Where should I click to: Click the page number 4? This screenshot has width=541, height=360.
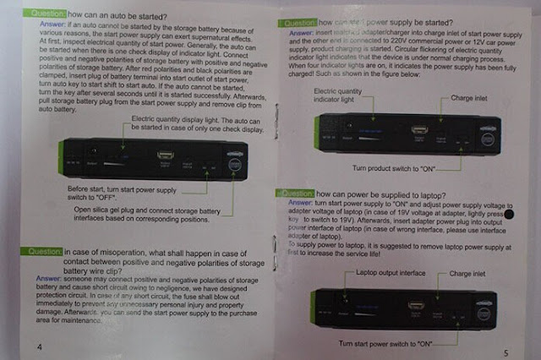(x=38, y=346)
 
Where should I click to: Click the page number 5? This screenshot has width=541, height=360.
(x=505, y=352)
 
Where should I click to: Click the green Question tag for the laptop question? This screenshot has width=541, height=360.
(x=297, y=194)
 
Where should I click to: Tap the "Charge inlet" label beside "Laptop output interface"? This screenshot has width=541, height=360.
(x=467, y=274)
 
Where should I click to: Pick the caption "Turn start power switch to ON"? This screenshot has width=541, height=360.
(x=385, y=345)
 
